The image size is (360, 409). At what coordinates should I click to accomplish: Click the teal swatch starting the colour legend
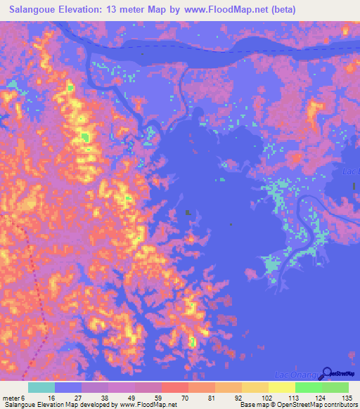(41, 387)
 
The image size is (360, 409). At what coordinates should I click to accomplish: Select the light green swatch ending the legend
(335, 387)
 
